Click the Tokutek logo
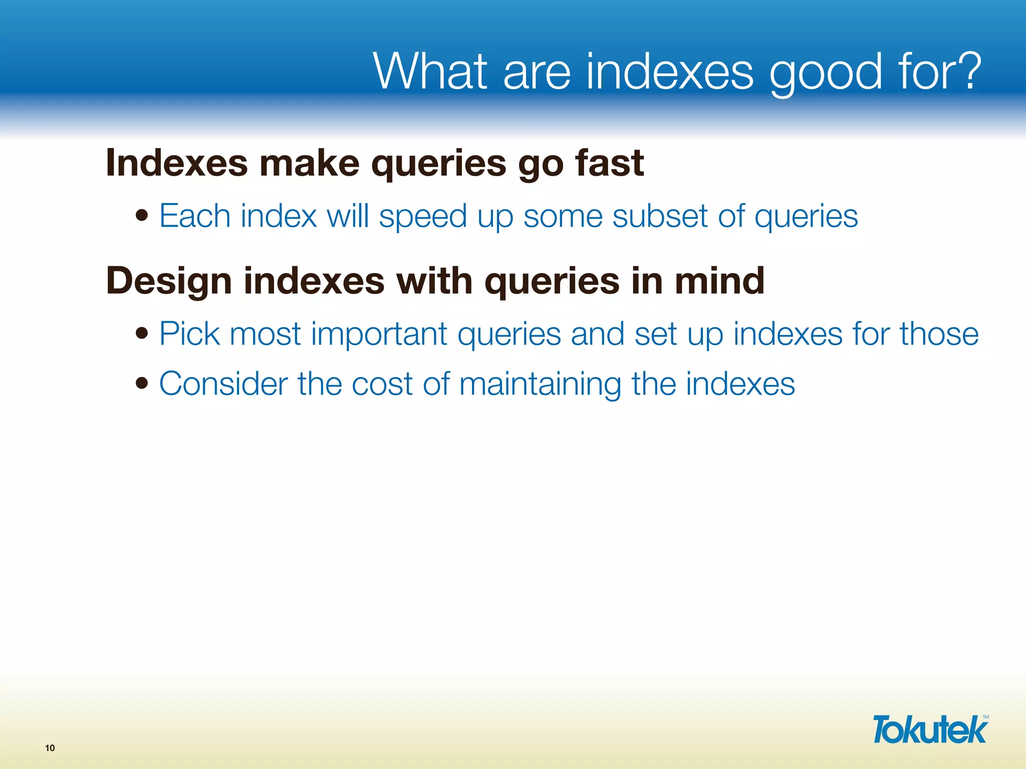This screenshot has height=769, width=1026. [930, 729]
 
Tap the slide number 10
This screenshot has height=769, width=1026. [50, 748]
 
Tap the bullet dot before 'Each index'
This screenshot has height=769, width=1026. [142, 216]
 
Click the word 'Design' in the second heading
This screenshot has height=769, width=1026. [169, 281]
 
